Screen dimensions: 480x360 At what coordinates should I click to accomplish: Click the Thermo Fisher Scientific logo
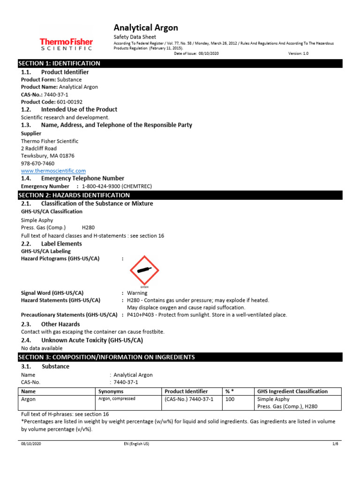[x=66, y=44]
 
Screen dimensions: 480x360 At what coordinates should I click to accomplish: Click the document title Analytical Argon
[x=146, y=28]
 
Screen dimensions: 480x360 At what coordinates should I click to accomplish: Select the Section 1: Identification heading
[x=59, y=63]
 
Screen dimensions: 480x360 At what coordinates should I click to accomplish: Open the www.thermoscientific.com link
[x=53, y=171]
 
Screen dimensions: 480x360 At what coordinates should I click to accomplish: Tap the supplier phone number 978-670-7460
[x=37, y=164]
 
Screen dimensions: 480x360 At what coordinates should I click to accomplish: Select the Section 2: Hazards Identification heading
[x=74, y=195]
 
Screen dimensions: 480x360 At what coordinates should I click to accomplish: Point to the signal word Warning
[x=137, y=293]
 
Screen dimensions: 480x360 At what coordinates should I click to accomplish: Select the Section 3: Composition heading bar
[x=106, y=357]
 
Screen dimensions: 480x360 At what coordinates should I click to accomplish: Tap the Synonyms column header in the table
[x=111, y=391]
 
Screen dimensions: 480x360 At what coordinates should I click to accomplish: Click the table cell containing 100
[x=230, y=399]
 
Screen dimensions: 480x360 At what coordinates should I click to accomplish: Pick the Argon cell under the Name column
[x=29, y=399]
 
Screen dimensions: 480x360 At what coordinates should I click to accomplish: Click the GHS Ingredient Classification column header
[x=292, y=391]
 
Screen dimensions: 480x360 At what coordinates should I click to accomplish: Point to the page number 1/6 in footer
[x=335, y=443]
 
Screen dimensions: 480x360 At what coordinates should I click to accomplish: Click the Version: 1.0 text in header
[x=299, y=54]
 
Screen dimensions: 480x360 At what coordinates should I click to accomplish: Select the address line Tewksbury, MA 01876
[x=48, y=156]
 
